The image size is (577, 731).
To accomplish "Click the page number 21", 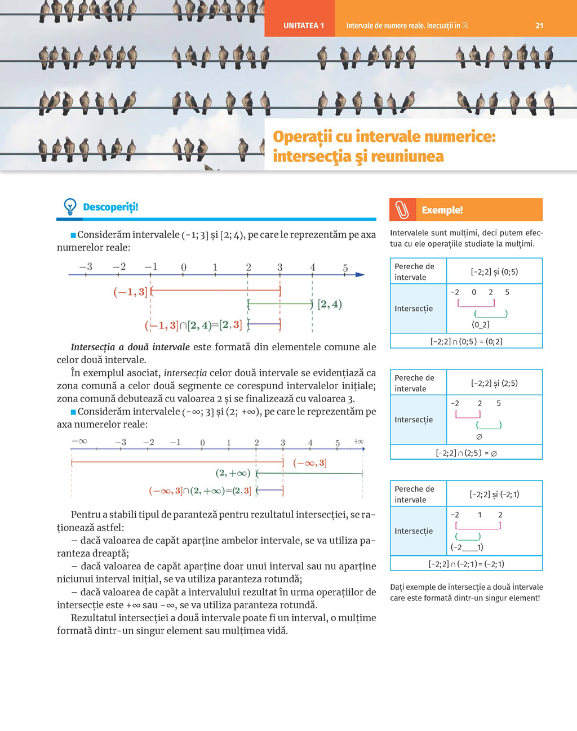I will click(x=539, y=25).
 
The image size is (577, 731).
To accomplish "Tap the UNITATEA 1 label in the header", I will click(x=304, y=25).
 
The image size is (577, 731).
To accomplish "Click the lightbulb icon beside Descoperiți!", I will click(x=70, y=207).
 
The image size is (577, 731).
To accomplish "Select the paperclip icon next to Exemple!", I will click(x=402, y=210).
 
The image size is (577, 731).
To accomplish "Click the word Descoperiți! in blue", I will click(x=110, y=207).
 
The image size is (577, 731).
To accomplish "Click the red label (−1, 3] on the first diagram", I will click(x=130, y=292).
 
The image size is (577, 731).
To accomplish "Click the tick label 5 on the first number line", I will click(x=345, y=268).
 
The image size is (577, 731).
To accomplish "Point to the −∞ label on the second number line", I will click(x=79, y=441).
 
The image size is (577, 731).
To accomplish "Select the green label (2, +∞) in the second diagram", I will click(x=233, y=473).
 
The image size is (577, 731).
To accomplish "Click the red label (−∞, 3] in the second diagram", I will click(x=309, y=463).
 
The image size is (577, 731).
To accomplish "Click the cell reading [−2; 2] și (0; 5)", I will click(x=494, y=271).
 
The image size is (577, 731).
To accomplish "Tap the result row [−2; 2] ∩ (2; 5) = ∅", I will click(x=466, y=453).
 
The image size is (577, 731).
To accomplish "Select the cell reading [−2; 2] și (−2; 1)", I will click(x=494, y=494).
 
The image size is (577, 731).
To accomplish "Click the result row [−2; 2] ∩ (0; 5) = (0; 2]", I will click(x=466, y=341).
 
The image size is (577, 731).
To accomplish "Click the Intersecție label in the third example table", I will click(x=414, y=531).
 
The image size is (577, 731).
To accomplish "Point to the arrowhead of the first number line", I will click(x=360, y=275).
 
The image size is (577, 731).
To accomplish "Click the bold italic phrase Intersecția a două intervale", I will click(x=130, y=347).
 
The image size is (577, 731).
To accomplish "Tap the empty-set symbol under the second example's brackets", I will click(x=479, y=437).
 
